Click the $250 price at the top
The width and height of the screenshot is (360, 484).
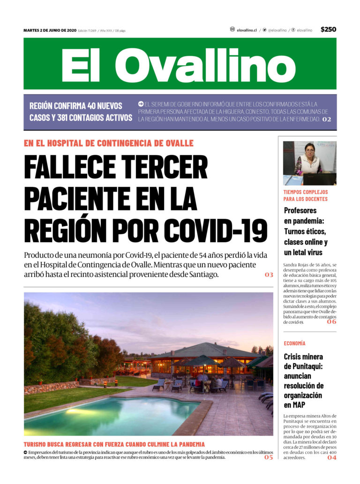coord(328,30)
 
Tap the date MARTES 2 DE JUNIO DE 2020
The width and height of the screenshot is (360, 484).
coord(50,30)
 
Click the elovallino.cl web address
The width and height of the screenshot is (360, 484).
coord(247,30)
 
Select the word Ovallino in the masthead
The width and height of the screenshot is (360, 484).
coord(205,65)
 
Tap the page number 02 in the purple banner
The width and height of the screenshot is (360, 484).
coord(326,119)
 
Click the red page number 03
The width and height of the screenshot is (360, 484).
coord(269,275)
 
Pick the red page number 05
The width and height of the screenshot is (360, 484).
coord(268,457)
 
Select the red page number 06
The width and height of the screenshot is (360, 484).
coord(331,322)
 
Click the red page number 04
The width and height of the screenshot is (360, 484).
coord(331,457)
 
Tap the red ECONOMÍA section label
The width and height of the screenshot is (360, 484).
coord(294,343)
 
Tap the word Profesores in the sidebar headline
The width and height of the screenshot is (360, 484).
coord(300,210)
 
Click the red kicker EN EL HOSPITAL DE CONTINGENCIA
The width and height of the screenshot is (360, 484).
coord(109,143)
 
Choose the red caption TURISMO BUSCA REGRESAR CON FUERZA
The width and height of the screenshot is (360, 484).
coord(114,444)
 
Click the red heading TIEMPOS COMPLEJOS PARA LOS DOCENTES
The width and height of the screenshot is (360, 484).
coord(306,195)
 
